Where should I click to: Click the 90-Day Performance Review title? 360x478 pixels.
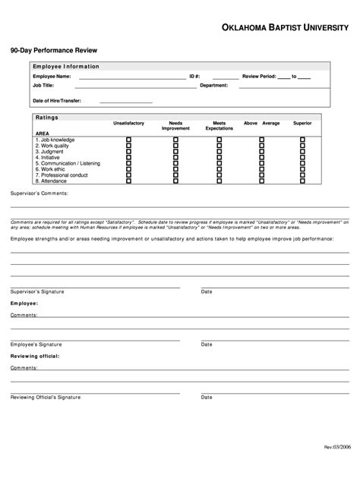[48, 50]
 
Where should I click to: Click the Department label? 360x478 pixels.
[213, 86]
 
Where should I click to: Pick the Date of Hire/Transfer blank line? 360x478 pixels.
[122, 102]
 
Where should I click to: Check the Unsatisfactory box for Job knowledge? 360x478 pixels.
[128, 140]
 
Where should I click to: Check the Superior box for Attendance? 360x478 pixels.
[302, 181]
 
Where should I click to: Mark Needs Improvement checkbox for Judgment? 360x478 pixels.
[175, 152]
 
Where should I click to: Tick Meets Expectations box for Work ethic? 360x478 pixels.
[219, 169]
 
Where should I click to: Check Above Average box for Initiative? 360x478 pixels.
[261, 158]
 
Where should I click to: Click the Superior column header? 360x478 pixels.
[302, 123]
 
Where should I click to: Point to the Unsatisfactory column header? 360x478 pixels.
[129, 123]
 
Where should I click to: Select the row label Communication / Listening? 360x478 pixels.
[68, 163]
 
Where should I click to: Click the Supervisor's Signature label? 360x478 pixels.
[37, 291]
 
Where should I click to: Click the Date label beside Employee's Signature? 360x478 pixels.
[207, 344]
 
